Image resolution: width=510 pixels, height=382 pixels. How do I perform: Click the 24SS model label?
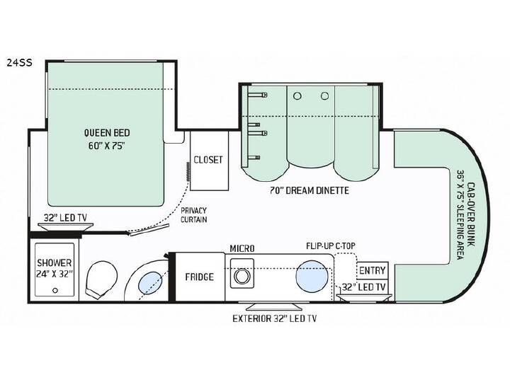pyautogui.click(x=20, y=62)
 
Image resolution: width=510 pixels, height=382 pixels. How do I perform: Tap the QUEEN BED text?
pyautogui.click(x=107, y=132)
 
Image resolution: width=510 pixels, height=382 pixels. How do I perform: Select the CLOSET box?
pyautogui.click(x=209, y=161)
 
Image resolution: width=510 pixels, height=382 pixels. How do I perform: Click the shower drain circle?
pyautogui.click(x=55, y=290)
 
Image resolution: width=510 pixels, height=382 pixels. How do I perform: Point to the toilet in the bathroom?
pyautogui.click(x=101, y=279)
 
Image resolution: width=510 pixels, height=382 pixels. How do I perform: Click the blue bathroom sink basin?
pyautogui.click(x=150, y=282)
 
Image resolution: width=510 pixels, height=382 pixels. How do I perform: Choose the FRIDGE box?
pyautogui.click(x=200, y=277)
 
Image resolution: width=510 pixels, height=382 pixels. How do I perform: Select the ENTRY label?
pyautogui.click(x=372, y=270)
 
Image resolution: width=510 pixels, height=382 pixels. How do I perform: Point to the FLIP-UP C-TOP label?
pyautogui.click(x=331, y=246)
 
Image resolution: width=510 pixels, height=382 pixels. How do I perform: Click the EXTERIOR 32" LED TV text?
pyautogui.click(x=275, y=318)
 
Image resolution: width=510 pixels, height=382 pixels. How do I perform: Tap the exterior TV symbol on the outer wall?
pyautogui.click(x=273, y=306)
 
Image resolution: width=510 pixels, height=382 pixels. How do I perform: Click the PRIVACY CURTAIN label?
pyautogui.click(x=194, y=215)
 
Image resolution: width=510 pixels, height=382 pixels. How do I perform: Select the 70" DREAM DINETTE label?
pyautogui.click(x=310, y=190)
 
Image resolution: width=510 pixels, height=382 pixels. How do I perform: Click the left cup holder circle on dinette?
pyautogui.click(x=297, y=95)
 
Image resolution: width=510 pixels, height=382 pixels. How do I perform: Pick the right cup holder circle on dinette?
pyautogui.click(x=324, y=95)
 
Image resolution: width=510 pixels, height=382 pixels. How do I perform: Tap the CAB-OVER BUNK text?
pyautogui.click(x=470, y=215)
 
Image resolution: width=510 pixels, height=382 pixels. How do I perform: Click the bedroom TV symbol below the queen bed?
pyautogui.click(x=65, y=227)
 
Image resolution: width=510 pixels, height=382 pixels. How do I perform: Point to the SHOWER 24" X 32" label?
pyautogui.click(x=55, y=268)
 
